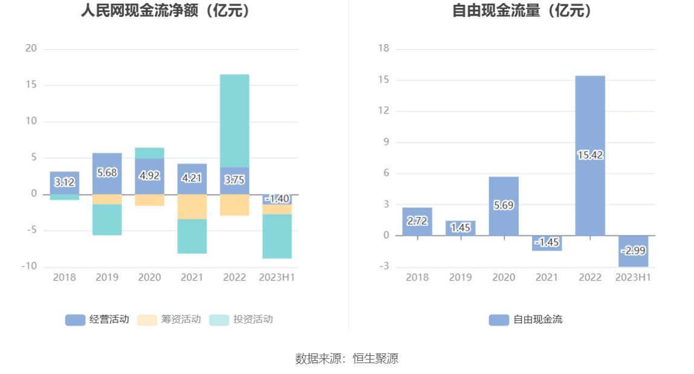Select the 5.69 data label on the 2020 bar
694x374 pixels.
pyautogui.click(x=504, y=205)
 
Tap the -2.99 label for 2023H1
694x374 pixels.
pyautogui.click(x=633, y=251)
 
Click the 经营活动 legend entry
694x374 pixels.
pyautogui.click(x=97, y=320)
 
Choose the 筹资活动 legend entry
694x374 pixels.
pyautogui.click(x=169, y=320)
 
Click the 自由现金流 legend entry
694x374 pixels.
pyautogui.click(x=525, y=320)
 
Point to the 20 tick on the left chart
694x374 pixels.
pyautogui.click(x=31, y=48)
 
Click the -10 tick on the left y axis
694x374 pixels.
pyautogui.click(x=29, y=266)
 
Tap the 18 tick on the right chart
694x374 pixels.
pyautogui.click(x=383, y=48)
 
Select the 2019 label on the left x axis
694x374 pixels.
pyautogui.click(x=107, y=277)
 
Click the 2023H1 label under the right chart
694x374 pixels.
pyautogui.click(x=633, y=277)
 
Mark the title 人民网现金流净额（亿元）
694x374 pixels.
pyautogui.click(x=166, y=10)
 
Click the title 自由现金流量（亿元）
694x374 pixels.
pyautogui.click(x=523, y=10)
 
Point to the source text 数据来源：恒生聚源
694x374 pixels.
pyautogui.click(x=347, y=358)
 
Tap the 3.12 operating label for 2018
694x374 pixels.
pyautogui.click(x=65, y=182)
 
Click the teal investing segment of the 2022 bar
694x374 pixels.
pyautogui.click(x=235, y=121)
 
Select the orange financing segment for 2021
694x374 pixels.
pyautogui.click(x=192, y=207)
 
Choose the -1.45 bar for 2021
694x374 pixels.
pyautogui.click(x=546, y=243)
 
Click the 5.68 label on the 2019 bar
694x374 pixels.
pyautogui.click(x=107, y=172)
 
